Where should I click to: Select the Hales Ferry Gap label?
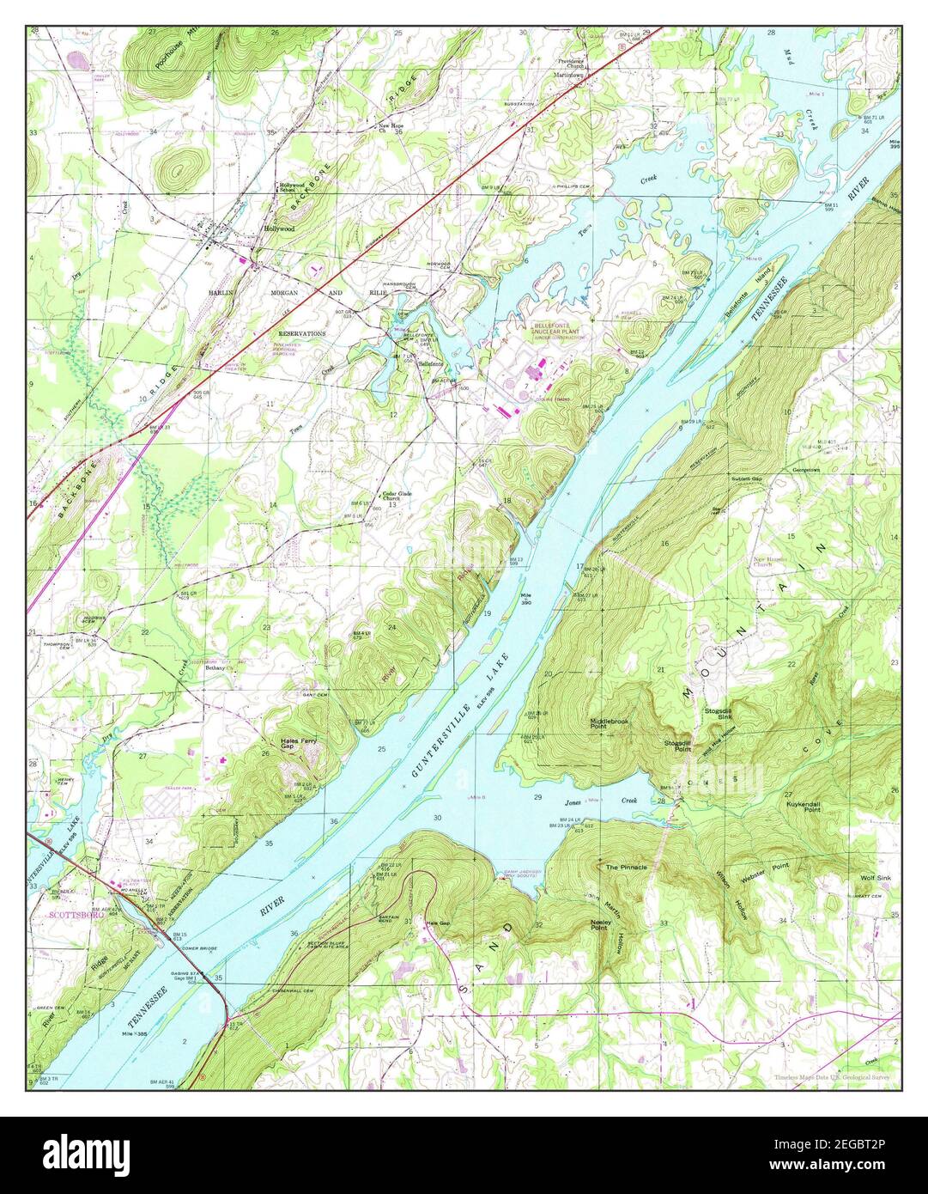300,744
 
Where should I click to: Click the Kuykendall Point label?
804,807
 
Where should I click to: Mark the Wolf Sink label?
877,879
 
